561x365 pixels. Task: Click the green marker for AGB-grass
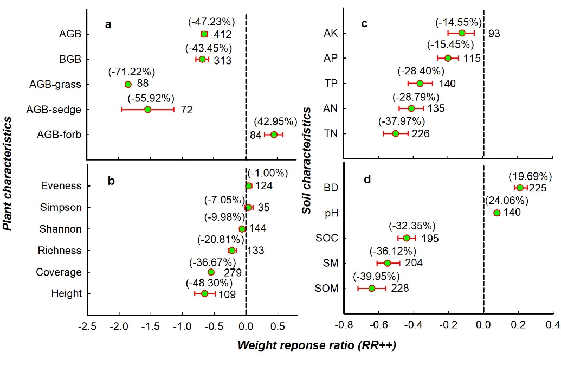coord(128,84)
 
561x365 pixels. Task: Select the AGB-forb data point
coord(274,135)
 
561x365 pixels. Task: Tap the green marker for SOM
coord(372,288)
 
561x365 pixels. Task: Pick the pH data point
coord(496,213)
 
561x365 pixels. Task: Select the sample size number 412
coord(222,35)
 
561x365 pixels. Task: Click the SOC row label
coord(327,238)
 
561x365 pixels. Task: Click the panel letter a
coord(108,24)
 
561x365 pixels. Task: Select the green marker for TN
coord(395,133)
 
